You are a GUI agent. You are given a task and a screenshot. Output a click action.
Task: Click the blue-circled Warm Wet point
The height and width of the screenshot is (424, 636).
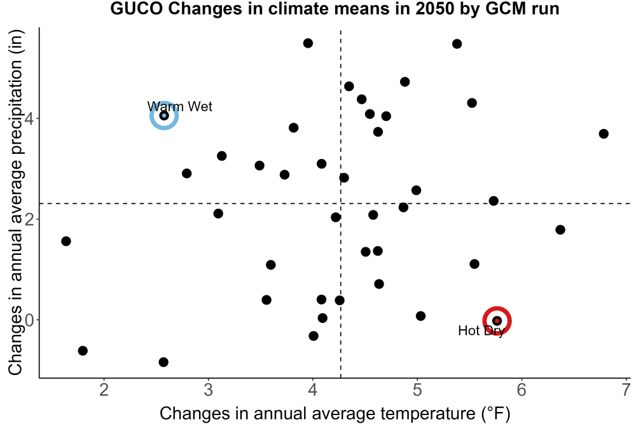pos(164,116)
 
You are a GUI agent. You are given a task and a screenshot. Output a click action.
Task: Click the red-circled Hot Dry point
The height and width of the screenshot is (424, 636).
pos(497,320)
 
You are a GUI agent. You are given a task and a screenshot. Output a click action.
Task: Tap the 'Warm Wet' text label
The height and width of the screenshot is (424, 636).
pos(180,107)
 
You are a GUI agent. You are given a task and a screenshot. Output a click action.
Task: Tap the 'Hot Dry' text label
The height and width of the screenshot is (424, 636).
pos(481,331)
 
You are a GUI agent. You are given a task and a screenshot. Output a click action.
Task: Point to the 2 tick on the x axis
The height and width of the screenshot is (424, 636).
pos(104,390)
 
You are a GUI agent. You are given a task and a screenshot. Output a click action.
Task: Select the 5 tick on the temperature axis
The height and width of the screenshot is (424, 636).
pos(417,390)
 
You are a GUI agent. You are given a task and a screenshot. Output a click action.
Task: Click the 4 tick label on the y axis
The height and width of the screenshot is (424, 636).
pos(29,118)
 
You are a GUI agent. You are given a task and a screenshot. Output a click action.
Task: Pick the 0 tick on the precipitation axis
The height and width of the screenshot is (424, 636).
pos(29,320)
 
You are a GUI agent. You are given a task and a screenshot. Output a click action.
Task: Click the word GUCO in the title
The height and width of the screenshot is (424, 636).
pos(137,9)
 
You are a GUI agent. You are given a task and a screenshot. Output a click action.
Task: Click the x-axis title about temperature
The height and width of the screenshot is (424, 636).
pos(335,413)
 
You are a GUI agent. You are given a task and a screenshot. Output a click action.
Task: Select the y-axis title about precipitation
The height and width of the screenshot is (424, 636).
pos(15,203)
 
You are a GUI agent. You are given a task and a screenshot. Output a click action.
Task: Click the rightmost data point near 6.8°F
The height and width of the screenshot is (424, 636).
pos(604,133)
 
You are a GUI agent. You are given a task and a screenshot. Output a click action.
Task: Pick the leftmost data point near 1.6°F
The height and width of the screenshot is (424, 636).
pos(66,241)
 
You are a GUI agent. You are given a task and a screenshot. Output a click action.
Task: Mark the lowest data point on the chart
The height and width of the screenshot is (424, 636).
pos(163,362)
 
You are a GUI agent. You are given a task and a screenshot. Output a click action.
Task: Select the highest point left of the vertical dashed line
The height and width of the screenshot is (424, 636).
pos(308,43)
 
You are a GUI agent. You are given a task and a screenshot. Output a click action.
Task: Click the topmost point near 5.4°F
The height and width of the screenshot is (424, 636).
pos(457,44)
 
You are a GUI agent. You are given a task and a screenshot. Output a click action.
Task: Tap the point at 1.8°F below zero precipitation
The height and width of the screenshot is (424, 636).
pos(83,351)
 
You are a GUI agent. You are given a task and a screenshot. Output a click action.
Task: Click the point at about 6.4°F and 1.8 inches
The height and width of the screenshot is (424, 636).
pos(560,230)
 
